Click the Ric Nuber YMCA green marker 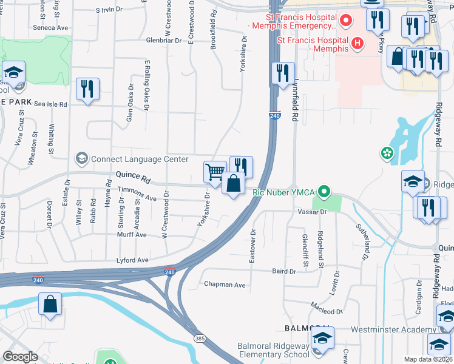(x=324, y=193)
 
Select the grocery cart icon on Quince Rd (x=215, y=172)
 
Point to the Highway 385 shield (x=198, y=337)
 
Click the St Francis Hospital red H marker (x=357, y=43)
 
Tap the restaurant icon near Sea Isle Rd (x=87, y=90)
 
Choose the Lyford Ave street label (x=133, y=260)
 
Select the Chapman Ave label (x=225, y=284)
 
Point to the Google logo (x=21, y=357)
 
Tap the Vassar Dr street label (x=312, y=212)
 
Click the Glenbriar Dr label (x=164, y=40)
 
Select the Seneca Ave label (x=50, y=28)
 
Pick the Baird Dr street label (x=283, y=271)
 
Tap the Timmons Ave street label (x=137, y=194)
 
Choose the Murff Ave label (x=132, y=235)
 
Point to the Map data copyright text (x=429, y=359)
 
